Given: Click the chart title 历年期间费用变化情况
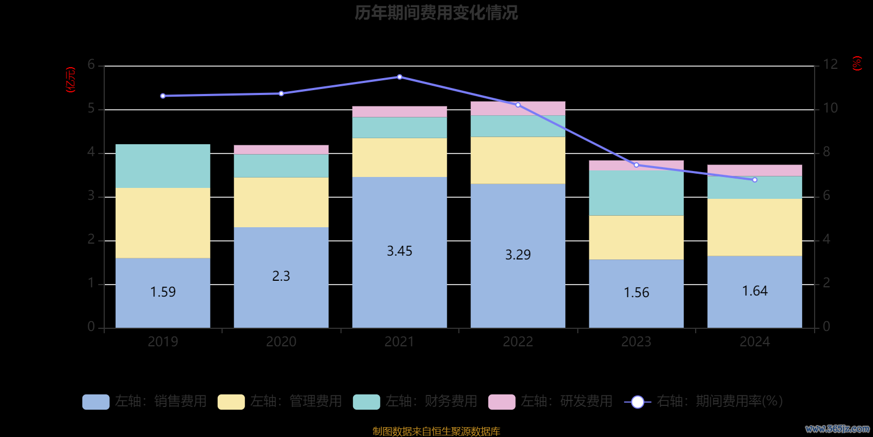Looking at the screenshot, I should (436, 13).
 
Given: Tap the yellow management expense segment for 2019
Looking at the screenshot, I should (163, 223).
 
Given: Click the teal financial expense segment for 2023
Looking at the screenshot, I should (636, 193).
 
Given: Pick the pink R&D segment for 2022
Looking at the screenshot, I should (518, 108).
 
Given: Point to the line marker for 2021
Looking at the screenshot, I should (399, 77).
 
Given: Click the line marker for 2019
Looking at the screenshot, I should (163, 96).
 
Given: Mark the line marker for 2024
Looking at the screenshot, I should (755, 180).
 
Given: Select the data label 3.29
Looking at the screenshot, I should (518, 255).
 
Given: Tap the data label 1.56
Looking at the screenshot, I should (636, 293).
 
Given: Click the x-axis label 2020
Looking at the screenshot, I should (281, 342).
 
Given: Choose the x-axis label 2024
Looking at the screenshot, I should (755, 342).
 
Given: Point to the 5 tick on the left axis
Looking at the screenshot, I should (91, 109).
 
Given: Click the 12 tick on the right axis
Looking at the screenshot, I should (830, 64).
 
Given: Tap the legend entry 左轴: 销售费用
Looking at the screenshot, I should (145, 401).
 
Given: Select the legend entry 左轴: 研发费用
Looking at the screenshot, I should (551, 401).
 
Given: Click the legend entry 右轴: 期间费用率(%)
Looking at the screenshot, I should (704, 401).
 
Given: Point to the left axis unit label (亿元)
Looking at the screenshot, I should (70, 80).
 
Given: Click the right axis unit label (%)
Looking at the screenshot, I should (857, 63).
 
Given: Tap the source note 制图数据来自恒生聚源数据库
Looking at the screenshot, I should (436, 432).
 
